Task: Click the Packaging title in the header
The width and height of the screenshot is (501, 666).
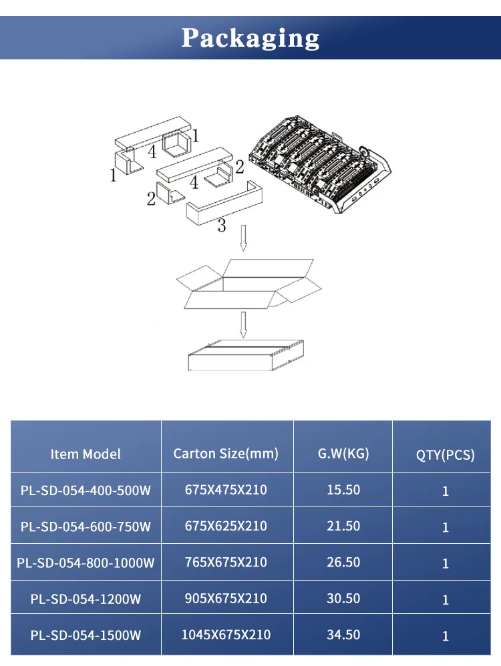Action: click(x=251, y=37)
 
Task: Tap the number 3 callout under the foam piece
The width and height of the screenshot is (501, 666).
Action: click(x=222, y=226)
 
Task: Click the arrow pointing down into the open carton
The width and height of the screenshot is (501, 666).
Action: click(x=243, y=238)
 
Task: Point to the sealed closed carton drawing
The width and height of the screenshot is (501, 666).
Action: click(x=245, y=355)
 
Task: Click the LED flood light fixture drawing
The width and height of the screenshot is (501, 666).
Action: click(x=319, y=167)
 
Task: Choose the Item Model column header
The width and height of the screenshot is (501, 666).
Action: click(x=86, y=454)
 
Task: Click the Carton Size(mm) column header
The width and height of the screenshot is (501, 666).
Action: click(x=226, y=454)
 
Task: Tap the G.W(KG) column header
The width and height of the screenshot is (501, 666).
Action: click(x=343, y=454)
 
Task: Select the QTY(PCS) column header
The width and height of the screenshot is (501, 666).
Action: click(x=445, y=455)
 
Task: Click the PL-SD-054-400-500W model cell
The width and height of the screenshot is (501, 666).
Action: click(x=86, y=490)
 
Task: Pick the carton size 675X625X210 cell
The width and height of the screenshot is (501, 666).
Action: click(x=226, y=526)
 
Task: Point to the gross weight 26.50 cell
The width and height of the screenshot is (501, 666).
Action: click(x=343, y=563)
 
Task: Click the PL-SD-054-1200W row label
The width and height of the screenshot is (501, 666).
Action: click(x=86, y=599)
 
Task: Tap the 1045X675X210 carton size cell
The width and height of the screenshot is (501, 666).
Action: click(x=226, y=635)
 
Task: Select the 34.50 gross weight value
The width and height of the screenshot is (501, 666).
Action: click(x=343, y=635)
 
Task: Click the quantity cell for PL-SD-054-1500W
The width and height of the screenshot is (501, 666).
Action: click(x=446, y=636)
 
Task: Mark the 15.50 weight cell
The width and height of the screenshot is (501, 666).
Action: click(x=343, y=490)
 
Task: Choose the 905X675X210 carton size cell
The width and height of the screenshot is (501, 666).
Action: click(x=226, y=599)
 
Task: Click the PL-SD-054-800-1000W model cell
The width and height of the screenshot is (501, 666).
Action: click(x=86, y=563)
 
